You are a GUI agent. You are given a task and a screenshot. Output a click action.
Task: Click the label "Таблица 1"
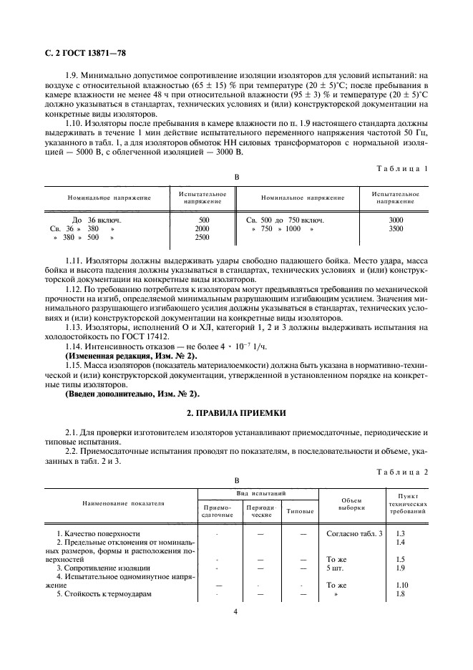404,168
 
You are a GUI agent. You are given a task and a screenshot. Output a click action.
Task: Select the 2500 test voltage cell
203,238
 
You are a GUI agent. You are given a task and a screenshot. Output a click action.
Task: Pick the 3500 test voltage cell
396,229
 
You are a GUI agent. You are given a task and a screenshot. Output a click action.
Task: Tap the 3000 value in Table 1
396,220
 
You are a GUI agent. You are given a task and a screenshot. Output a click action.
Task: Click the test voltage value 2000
203,229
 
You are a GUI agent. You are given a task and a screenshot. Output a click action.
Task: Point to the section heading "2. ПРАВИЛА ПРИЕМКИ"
235,413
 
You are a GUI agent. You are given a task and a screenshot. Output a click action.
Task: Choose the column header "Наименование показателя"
117,504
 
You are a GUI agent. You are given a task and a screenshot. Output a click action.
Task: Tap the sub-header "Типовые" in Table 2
299,511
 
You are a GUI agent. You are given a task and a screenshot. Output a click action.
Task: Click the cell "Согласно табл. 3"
354,534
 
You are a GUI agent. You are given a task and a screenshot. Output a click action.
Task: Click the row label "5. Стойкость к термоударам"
108,594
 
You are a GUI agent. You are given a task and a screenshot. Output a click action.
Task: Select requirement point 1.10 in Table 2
401,586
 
